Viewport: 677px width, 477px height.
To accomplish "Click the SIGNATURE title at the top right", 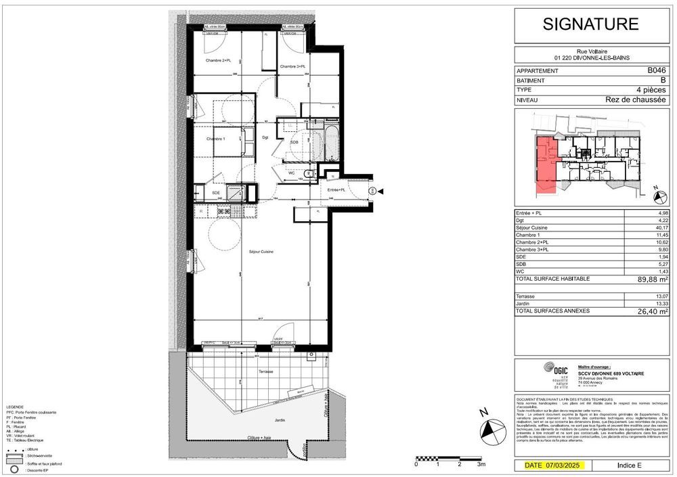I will pyautogui.click(x=591, y=24).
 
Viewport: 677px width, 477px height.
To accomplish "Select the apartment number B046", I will pyautogui.click(x=656, y=70).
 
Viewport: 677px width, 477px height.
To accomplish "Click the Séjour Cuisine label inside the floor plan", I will pyautogui.click(x=259, y=252).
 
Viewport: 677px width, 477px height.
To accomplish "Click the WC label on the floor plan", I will pyautogui.click(x=290, y=173).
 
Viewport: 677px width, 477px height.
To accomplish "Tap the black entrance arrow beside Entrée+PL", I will pyautogui.click(x=380, y=191).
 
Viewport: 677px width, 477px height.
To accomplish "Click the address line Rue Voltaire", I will pyautogui.click(x=590, y=51).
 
